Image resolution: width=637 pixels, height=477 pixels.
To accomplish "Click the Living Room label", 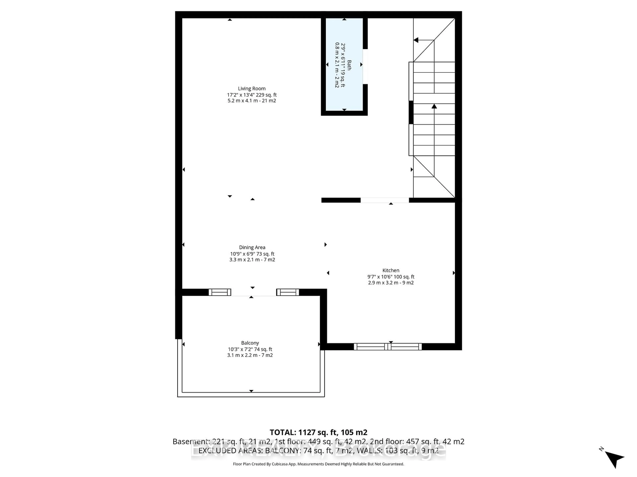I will (x=252, y=89).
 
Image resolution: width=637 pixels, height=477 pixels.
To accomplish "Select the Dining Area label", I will (x=252, y=247).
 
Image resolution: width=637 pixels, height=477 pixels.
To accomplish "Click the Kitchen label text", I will (x=391, y=270).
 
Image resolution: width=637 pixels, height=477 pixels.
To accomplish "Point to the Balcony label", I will (x=250, y=343).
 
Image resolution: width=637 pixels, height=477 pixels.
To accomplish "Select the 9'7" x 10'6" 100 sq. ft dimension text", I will (x=391, y=277).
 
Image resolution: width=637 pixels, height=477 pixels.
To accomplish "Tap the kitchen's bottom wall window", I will (x=388, y=347).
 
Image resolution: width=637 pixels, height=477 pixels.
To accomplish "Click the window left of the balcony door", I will (x=220, y=292).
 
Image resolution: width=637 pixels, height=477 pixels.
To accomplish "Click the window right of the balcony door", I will (x=288, y=292).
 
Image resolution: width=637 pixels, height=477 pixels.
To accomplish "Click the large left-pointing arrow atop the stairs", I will (x=416, y=40).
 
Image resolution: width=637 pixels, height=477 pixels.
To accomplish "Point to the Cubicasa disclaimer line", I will (x=318, y=464).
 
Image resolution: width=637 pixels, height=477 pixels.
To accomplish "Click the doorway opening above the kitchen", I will (x=385, y=200).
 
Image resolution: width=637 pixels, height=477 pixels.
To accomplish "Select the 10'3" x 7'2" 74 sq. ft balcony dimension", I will (x=250, y=349).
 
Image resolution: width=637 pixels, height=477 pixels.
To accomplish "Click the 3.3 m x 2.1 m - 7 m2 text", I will (x=252, y=260).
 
